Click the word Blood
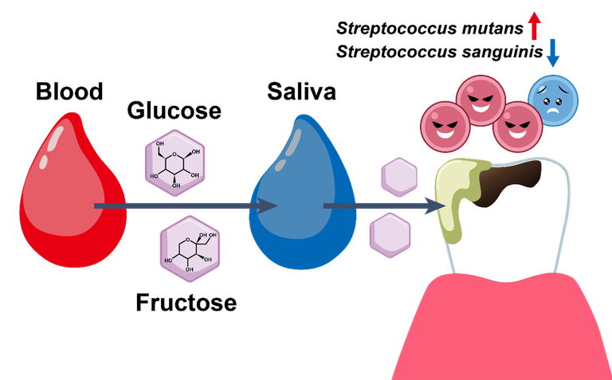pos(69,92)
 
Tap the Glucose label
pos(174,111)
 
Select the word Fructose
pos(186,303)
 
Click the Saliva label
pos(301,92)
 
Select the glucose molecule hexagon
pos(175,163)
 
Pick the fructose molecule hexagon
pos(190,249)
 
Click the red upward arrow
pos(535,25)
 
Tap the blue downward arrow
pos(553,53)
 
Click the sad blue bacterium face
pos(553,100)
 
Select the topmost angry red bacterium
pos(481,100)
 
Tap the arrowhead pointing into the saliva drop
pos(268,206)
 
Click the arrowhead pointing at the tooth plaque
pos(435,206)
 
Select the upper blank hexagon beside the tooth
pos(399,177)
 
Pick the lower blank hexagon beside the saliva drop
pos(390,235)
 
